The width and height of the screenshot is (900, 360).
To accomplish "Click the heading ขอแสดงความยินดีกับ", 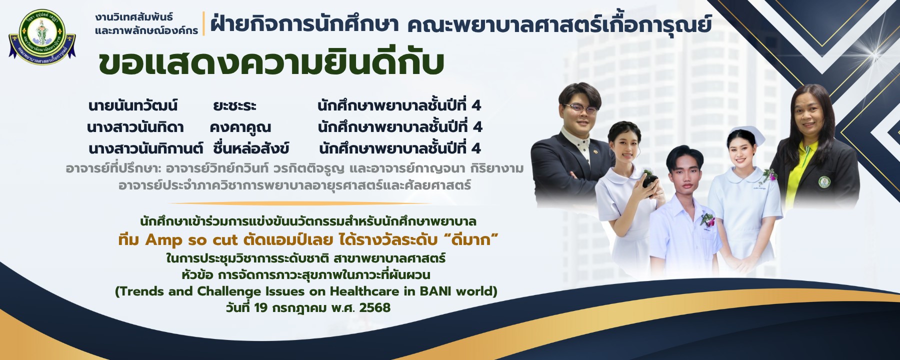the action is click(x=271, y=63).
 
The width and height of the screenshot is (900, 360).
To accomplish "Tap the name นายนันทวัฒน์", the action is click(x=132, y=105).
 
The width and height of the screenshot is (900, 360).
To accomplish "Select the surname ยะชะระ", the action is click(x=234, y=106).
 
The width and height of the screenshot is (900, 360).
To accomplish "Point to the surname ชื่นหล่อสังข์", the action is click(x=251, y=148).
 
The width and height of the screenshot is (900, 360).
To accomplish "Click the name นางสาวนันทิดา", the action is click(x=135, y=127).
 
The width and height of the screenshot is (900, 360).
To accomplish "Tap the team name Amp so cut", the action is click(x=191, y=240).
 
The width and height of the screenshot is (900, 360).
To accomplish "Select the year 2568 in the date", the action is click(x=374, y=307).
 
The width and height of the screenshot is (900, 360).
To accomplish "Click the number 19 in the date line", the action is click(x=260, y=307).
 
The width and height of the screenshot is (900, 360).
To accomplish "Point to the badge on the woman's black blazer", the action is click(x=824, y=182).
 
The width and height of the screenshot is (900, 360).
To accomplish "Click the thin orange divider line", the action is click(x=300, y=203).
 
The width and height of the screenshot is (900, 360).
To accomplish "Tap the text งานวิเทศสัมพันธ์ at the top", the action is click(x=134, y=17).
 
